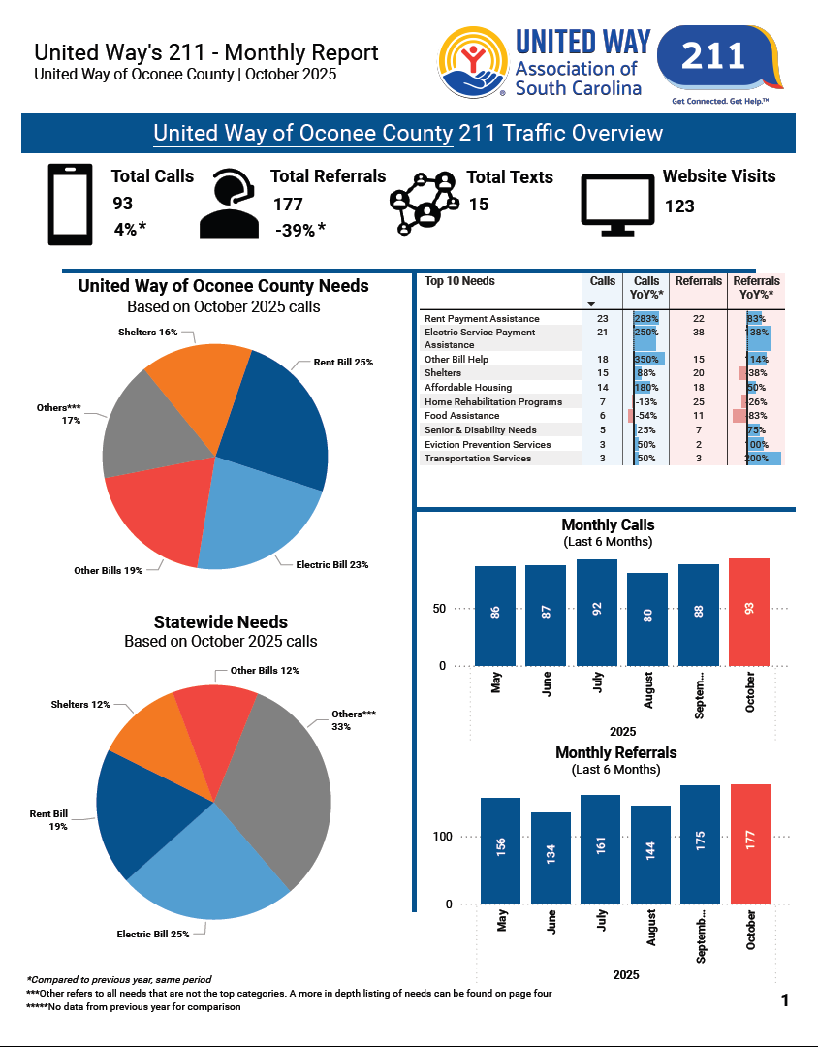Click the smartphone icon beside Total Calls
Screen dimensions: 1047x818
pyautogui.click(x=71, y=205)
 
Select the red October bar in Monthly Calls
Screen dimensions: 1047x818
pyautogui.click(x=748, y=612)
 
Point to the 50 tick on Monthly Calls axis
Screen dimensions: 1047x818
pyautogui.click(x=439, y=609)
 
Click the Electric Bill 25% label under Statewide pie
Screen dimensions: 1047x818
pyautogui.click(x=153, y=934)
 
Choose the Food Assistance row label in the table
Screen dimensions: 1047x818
pyautogui.click(x=462, y=416)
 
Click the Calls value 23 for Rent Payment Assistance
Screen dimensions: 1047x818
pyautogui.click(x=602, y=319)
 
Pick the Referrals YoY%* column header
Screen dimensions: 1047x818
pyautogui.click(x=756, y=287)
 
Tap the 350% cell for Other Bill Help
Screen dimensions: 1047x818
pyautogui.click(x=646, y=360)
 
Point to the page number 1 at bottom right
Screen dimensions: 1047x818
pyautogui.click(x=785, y=1000)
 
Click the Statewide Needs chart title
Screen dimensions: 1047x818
pyautogui.click(x=220, y=622)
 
